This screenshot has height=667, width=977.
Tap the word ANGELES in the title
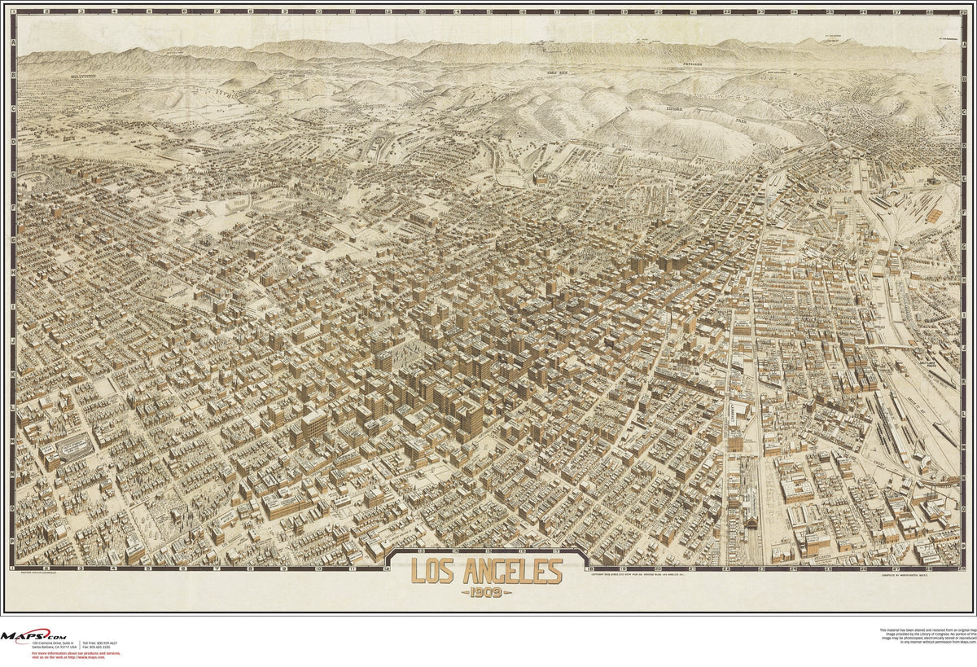click(x=512, y=572)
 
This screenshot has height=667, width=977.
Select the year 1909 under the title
click(x=487, y=591)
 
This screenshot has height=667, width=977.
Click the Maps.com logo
click(x=33, y=636)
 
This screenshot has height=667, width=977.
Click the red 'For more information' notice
click(x=75, y=654)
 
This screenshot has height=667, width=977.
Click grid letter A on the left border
click(x=13, y=43)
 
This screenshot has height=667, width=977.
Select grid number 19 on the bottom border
click(x=624, y=568)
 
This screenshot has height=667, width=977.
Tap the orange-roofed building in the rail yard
click(x=935, y=215)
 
